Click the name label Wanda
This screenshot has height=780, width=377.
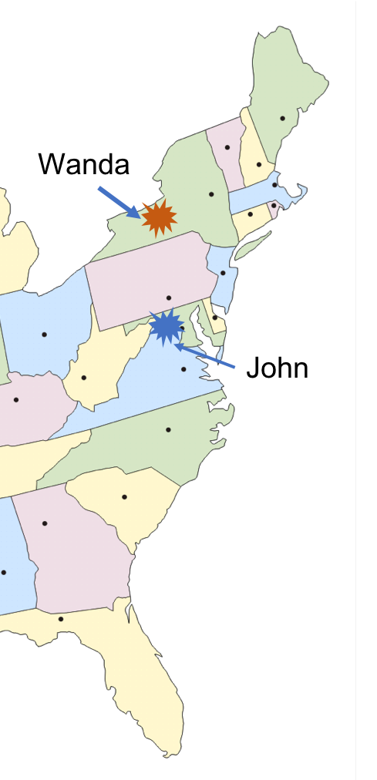[85, 163]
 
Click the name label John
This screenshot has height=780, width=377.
[277, 368]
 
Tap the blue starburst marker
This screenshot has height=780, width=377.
[166, 327]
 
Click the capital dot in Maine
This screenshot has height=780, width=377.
[283, 118]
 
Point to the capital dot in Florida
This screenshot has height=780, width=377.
[61, 619]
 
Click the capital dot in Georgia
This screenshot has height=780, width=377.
[45, 523]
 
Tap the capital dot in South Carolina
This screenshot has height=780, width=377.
[124, 497]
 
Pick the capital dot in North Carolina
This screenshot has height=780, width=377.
[168, 429]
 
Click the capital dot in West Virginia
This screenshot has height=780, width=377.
[84, 378]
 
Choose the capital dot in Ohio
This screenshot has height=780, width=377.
[45, 335]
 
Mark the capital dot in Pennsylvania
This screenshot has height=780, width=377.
[169, 298]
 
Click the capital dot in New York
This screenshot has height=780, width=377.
[211, 194]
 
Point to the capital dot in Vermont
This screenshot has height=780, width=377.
[227, 147]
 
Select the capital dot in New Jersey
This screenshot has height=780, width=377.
[224, 273]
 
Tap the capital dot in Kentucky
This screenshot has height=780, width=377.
[15, 400]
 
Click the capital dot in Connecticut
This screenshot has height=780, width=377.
[250, 213]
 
